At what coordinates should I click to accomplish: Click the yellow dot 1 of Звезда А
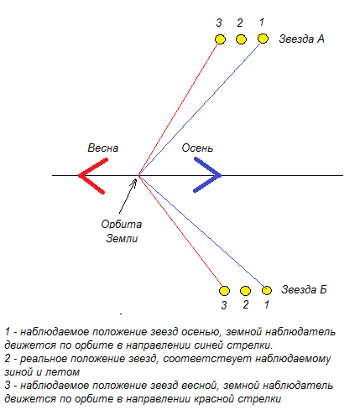click(x=263, y=39)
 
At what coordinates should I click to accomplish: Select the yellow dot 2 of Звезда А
click(x=241, y=39)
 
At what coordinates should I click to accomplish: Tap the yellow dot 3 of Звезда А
click(x=220, y=39)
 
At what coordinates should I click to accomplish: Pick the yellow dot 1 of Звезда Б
click(x=267, y=290)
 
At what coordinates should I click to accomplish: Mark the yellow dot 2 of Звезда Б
click(x=245, y=291)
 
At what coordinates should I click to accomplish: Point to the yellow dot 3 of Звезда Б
click(x=224, y=291)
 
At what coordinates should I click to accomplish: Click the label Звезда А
click(x=301, y=39)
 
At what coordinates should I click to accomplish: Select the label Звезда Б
click(x=304, y=289)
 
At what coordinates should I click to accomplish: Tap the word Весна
click(x=103, y=148)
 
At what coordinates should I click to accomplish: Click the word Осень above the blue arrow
click(x=197, y=148)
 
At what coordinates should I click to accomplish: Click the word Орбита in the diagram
click(x=122, y=225)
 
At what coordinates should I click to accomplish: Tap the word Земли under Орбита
click(x=122, y=238)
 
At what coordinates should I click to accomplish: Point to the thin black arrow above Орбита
click(x=128, y=196)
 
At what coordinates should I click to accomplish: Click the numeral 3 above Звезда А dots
click(x=219, y=23)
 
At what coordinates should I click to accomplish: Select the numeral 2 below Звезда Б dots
click(x=245, y=304)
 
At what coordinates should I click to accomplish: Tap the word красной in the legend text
click(x=214, y=399)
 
